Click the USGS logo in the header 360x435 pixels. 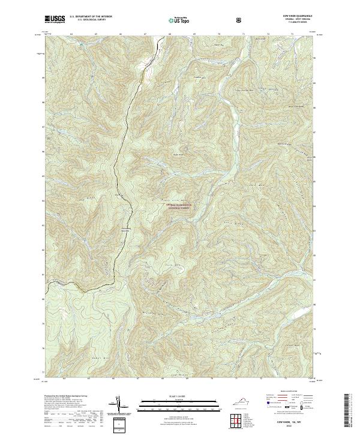pyautogui.click(x=55, y=19)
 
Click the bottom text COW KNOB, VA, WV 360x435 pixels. pyautogui.click(x=293, y=422)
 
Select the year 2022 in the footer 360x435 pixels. pyautogui.click(x=293, y=427)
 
